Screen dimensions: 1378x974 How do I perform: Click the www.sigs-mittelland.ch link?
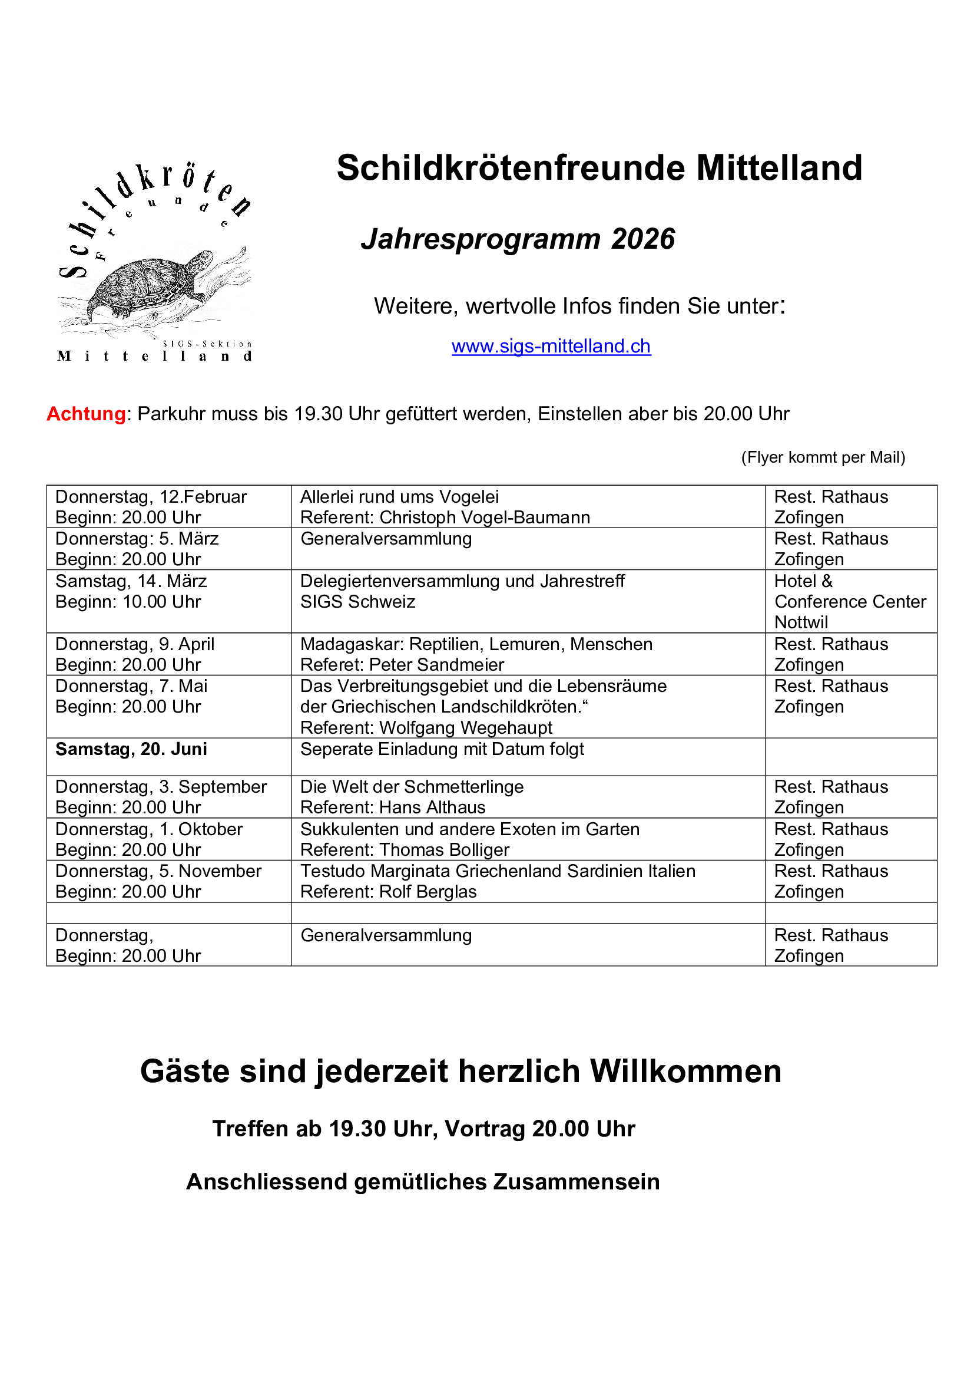551,347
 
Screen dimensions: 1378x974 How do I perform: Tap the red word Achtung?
87,414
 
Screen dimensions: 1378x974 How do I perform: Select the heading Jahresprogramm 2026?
518,239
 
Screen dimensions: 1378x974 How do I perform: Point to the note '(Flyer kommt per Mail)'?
823,457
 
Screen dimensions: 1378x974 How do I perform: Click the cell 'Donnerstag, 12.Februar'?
151,497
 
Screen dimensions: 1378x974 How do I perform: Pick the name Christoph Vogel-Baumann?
485,517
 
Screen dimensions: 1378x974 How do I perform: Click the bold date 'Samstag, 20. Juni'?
131,749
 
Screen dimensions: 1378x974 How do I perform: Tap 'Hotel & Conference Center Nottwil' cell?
850,601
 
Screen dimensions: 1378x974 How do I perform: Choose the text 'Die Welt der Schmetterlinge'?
412,787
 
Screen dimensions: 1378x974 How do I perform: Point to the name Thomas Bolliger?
444,850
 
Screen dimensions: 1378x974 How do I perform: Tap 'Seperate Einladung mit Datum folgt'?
442,749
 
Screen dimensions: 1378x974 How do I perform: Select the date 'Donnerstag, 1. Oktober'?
149,829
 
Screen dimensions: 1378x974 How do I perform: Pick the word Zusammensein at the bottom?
576,1182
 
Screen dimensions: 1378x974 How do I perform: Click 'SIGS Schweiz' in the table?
357,601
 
